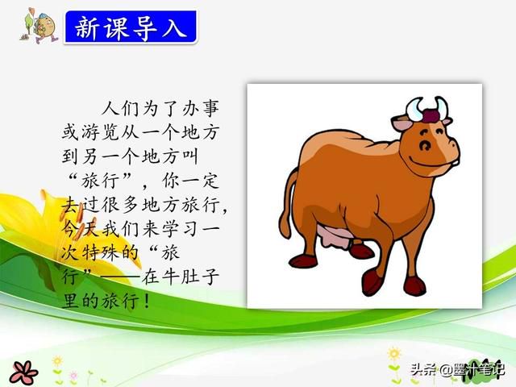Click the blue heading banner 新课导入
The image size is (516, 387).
pos(131,27)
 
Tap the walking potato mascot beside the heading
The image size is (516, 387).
pos(40,26)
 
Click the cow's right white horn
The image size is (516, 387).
pos(441,107)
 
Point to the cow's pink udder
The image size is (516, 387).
pos(335,237)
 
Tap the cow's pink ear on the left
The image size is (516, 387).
pos(402,123)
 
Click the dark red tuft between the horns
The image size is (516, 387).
pos(431,116)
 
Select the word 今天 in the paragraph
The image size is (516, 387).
pos(81,228)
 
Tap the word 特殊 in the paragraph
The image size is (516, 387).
pos(100,252)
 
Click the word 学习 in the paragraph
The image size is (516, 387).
pos(181,228)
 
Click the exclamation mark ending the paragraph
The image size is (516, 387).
pos(147,301)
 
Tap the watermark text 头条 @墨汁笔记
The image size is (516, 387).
pos(457,368)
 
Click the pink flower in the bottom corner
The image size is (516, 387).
pos(23,372)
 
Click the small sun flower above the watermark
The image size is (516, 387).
pos(393,354)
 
